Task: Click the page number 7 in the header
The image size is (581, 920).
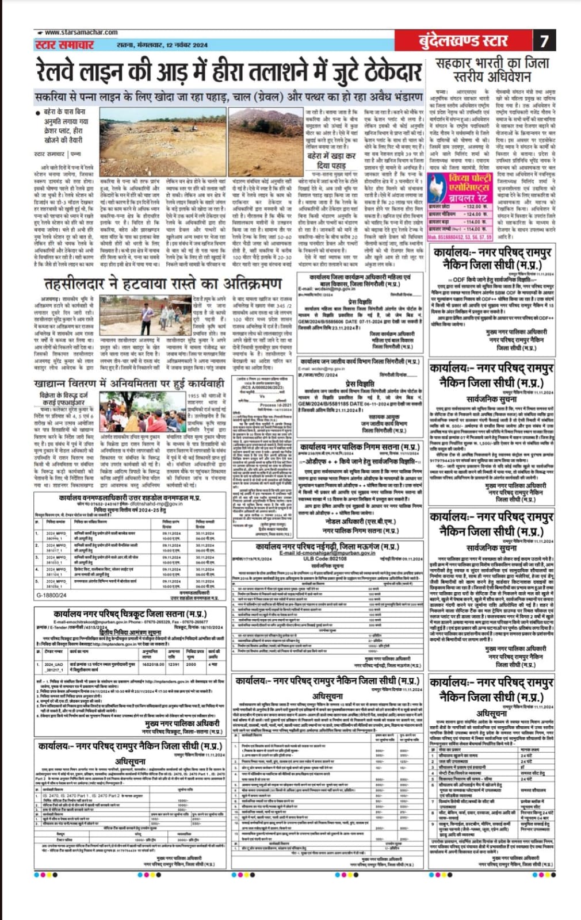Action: point(544,41)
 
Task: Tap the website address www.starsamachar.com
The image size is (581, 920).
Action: point(81,32)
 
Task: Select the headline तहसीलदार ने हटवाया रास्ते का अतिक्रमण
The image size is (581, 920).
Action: point(163,284)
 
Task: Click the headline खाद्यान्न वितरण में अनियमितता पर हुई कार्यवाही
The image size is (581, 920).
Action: point(129,384)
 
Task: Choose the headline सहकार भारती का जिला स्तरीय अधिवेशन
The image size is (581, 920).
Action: point(492,69)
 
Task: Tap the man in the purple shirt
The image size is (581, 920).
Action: point(148,313)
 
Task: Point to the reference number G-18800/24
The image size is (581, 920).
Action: point(51,596)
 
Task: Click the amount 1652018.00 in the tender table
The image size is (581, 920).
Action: point(153,664)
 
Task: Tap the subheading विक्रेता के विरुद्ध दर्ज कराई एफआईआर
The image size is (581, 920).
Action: point(63,399)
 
